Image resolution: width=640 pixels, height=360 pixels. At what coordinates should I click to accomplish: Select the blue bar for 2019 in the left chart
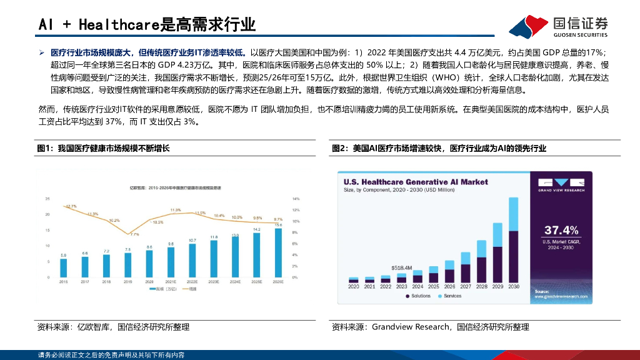coord(128,265)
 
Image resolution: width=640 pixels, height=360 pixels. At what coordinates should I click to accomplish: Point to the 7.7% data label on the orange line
coord(134,234)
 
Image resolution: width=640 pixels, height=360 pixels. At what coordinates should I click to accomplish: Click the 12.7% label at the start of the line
coord(71,206)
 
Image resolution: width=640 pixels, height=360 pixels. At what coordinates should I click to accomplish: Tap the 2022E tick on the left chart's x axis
coord(192,282)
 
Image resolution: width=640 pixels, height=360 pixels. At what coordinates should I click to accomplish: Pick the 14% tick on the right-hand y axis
coord(296,199)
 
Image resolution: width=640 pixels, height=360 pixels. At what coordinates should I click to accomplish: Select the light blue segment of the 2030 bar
coord(514,214)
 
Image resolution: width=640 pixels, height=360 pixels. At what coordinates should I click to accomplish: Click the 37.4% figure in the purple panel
coord(561,229)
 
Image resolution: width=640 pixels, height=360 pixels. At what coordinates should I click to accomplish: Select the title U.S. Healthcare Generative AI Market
coord(415,181)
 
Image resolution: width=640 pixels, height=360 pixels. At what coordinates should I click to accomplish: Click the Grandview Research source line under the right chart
coord(430,327)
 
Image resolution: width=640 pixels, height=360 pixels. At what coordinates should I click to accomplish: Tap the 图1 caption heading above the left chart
coord(103,148)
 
